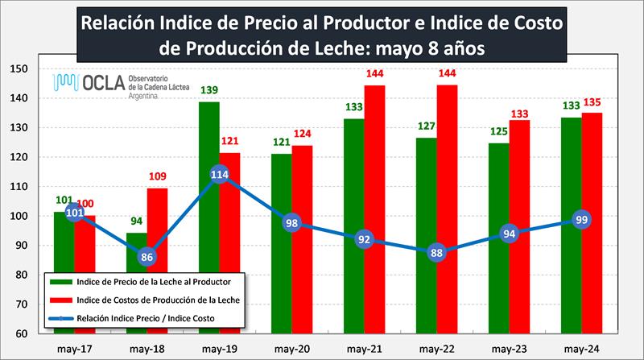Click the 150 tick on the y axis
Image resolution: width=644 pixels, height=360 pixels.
21,69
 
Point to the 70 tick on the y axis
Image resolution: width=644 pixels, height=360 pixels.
21,304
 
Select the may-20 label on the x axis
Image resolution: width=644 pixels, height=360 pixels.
290,347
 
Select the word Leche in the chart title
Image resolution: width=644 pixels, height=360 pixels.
367,48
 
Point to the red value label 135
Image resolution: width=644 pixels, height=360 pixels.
592,102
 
